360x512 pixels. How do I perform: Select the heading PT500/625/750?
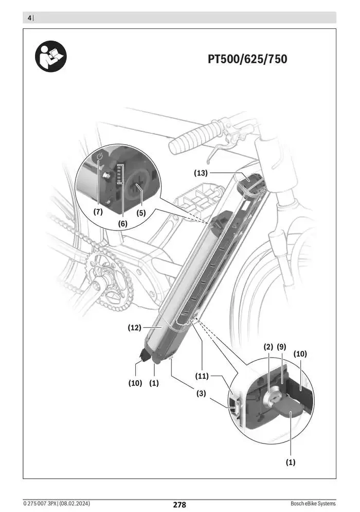pyautogui.click(x=247, y=59)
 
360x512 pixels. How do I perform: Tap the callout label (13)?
pyautogui.click(x=201, y=173)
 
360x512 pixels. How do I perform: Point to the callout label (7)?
pyautogui.click(x=98, y=211)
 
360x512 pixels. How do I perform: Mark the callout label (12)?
pyautogui.click(x=135, y=327)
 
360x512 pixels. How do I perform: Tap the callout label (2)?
pyautogui.click(x=268, y=347)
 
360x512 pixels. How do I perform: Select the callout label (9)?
pyautogui.click(x=282, y=347)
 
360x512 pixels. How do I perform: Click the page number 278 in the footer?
pyautogui.click(x=179, y=505)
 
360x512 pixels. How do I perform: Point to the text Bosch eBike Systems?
pyautogui.click(x=313, y=503)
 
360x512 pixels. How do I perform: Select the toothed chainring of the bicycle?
pyautogui.click(x=105, y=280)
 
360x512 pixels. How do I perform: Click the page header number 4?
pyautogui.click(x=29, y=18)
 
